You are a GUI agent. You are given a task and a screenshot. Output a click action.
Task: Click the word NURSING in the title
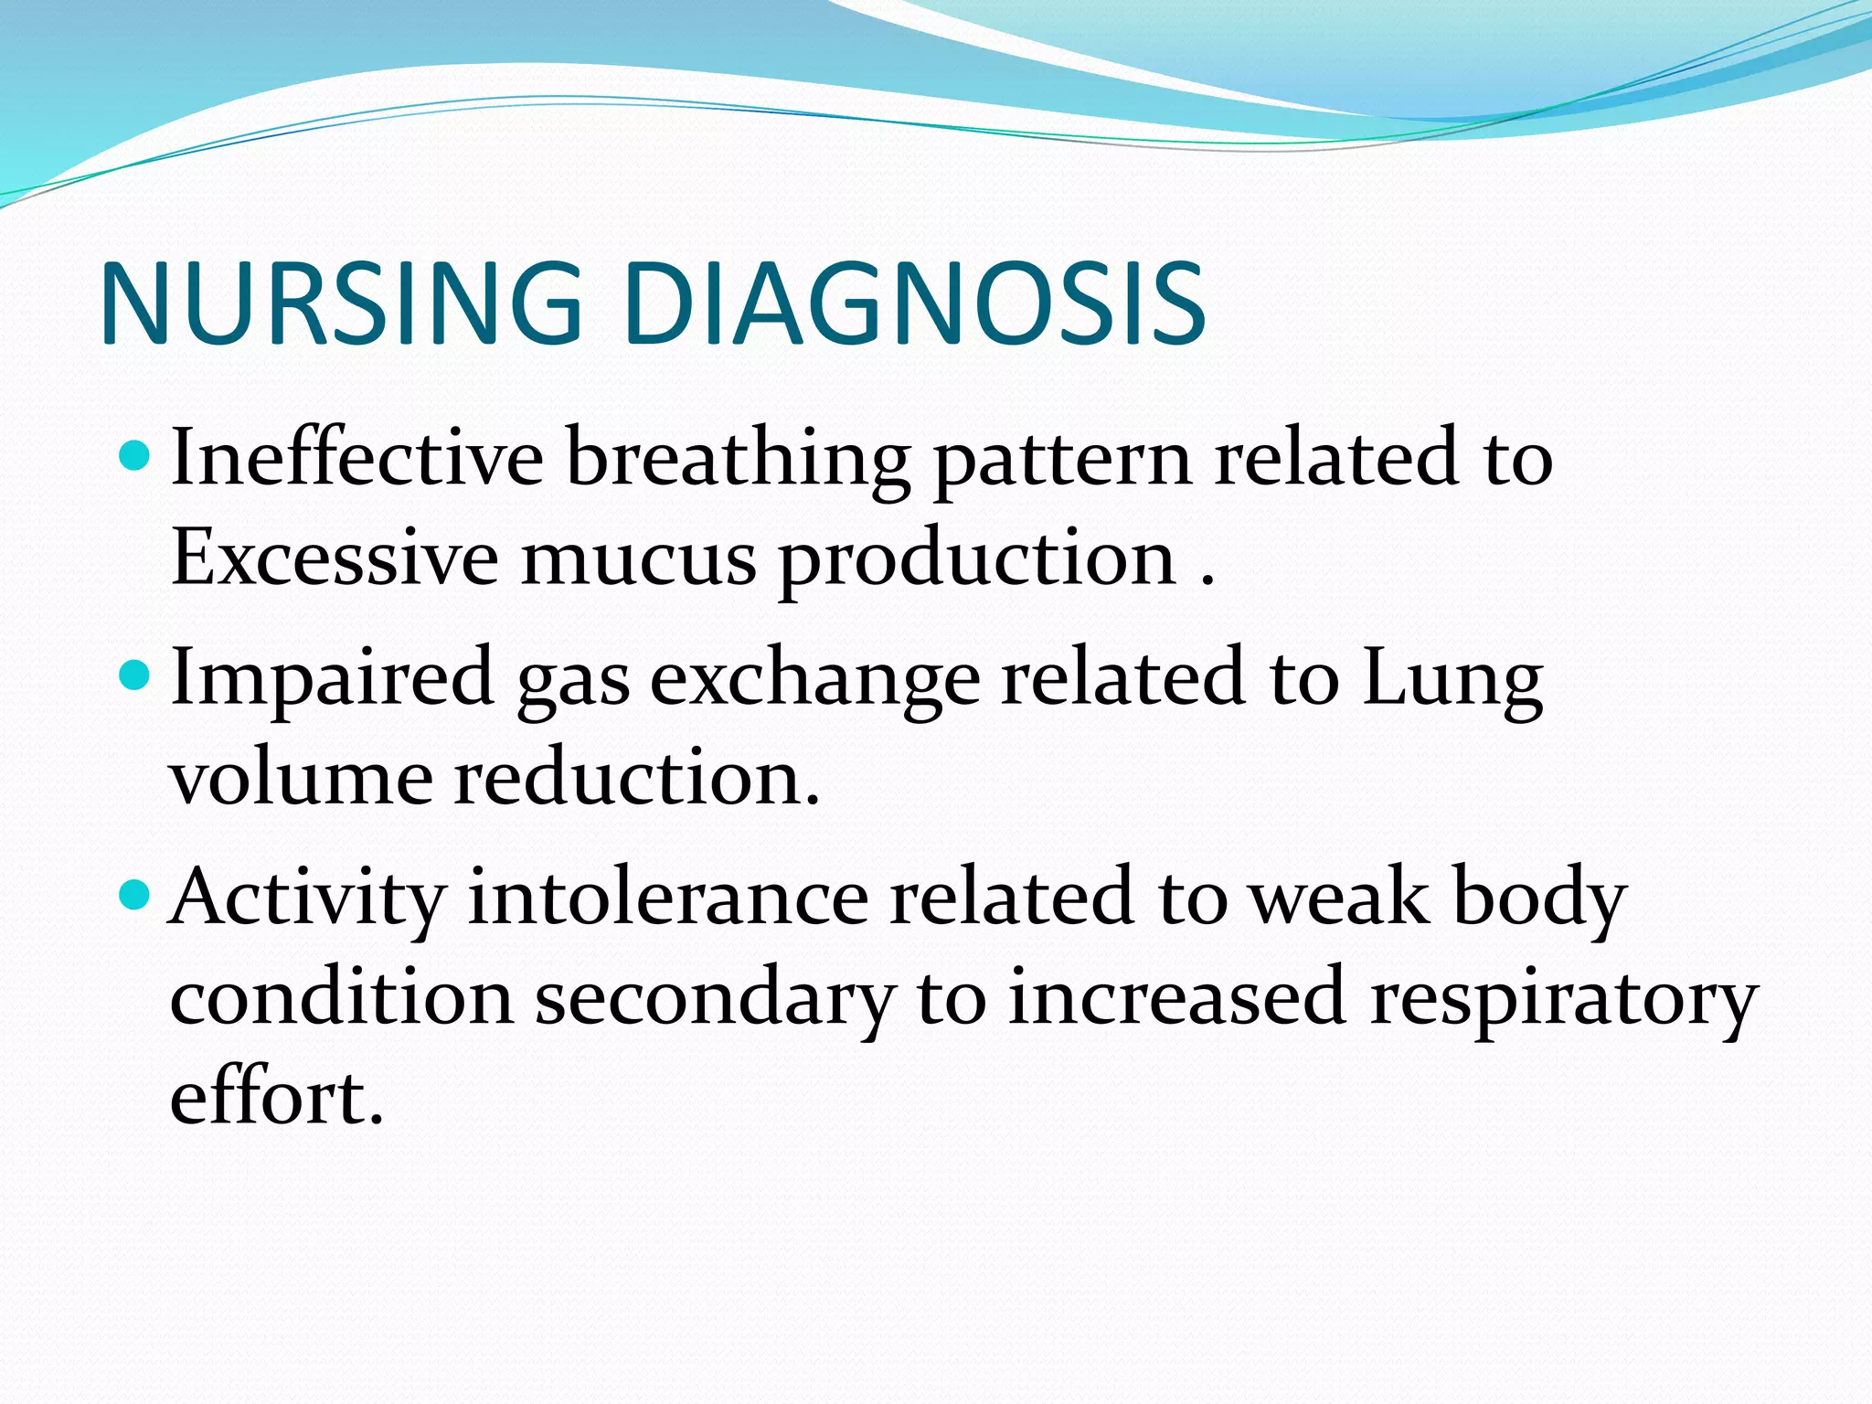(340, 303)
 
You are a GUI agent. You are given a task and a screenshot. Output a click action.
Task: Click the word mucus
(639, 559)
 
